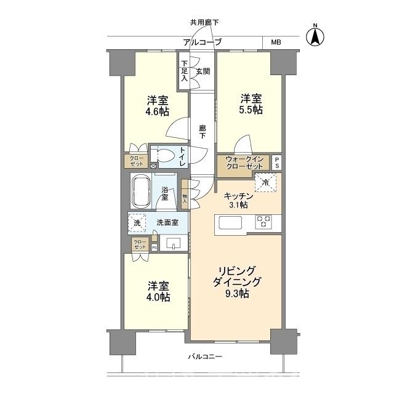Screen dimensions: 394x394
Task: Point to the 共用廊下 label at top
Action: (x=204, y=23)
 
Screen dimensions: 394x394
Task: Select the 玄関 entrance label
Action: (x=203, y=71)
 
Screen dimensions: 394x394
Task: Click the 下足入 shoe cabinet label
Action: (x=183, y=71)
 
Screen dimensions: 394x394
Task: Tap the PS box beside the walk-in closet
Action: (x=277, y=163)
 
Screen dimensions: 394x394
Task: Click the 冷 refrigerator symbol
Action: (x=266, y=183)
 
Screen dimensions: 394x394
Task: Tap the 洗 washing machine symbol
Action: (x=137, y=223)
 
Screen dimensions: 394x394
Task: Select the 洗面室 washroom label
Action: (x=166, y=223)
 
